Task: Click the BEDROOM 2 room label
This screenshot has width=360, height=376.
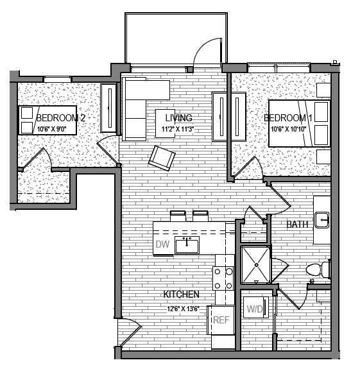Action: tap(61, 118)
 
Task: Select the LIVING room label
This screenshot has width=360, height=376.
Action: tap(178, 118)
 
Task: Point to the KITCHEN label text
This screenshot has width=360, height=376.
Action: tap(181, 294)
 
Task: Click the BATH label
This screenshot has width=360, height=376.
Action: tap(297, 225)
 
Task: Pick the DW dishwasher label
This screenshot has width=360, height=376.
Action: tap(162, 244)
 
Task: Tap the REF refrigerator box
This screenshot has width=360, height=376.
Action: tap(221, 320)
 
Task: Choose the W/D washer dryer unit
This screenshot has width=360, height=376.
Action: tap(255, 309)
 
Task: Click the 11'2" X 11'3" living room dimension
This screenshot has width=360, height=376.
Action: tap(178, 129)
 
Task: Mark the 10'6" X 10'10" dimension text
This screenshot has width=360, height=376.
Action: tap(290, 129)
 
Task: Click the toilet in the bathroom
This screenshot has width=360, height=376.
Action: tap(318, 268)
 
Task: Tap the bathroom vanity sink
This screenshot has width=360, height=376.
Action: tap(321, 219)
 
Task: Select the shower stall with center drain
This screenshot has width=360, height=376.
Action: tap(256, 264)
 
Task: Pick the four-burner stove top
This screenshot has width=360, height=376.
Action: tap(223, 278)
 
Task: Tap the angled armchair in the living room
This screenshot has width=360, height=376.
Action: tap(162, 157)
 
